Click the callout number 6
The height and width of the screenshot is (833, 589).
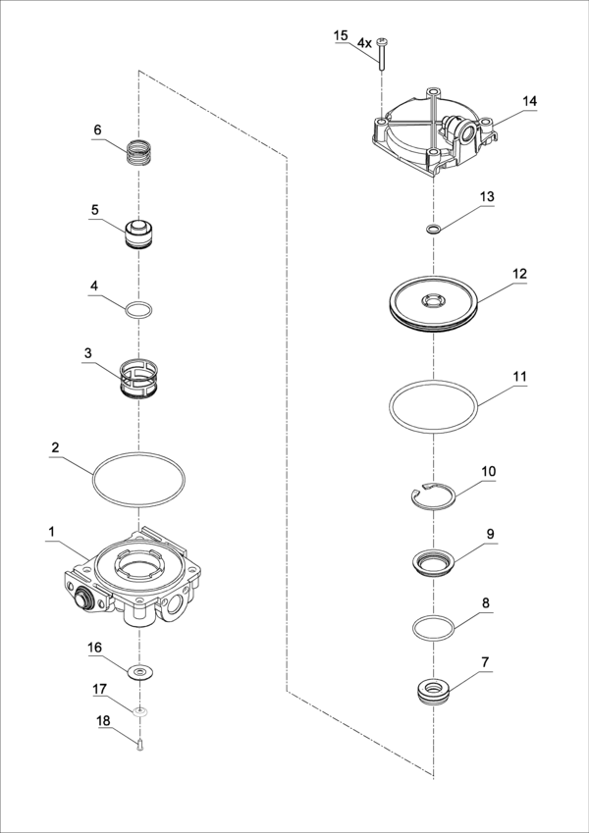[97, 130]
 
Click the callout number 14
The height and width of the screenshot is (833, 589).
[530, 101]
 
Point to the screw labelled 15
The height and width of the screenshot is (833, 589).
[378, 53]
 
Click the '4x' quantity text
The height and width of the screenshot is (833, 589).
[364, 43]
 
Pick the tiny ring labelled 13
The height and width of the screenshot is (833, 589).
[432, 230]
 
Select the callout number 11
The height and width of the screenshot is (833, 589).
[519, 376]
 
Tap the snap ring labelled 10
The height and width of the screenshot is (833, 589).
[433, 498]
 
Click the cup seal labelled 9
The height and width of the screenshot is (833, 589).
[433, 566]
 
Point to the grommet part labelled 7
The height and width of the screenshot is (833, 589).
[432, 691]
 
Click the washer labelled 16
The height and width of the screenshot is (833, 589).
[140, 672]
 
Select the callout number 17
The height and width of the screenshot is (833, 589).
[99, 690]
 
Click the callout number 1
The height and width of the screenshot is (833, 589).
[51, 531]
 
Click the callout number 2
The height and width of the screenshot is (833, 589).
[56, 447]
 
